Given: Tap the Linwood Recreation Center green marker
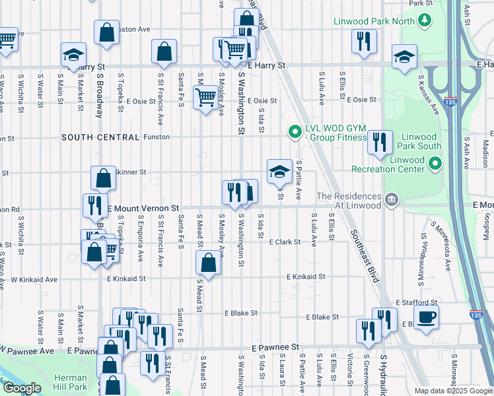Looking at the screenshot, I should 434,162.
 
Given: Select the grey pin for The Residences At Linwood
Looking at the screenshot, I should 391,199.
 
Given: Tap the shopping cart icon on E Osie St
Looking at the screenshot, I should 205,98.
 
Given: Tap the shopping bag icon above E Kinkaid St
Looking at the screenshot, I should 208,263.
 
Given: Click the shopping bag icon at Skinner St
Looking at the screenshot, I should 103,178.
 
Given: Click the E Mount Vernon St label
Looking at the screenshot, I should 144,207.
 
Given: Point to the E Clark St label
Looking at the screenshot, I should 285,242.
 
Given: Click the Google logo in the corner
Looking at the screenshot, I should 22,388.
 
